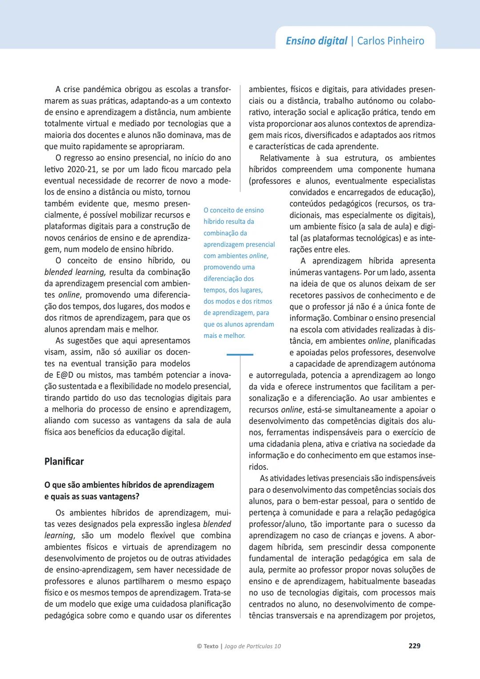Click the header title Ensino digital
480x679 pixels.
pos(316,41)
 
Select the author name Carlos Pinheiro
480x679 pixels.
pos(391,41)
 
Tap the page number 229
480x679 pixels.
pos(414,646)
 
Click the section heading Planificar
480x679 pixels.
pos(64,461)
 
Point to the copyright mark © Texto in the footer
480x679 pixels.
pos(208,646)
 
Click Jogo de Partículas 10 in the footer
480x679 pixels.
pos(252,646)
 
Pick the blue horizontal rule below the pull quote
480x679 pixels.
pos(240,354)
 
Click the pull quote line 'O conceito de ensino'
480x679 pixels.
pos(233,210)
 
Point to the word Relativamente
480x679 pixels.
pos(284,158)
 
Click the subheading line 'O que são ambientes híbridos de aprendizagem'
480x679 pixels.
pos(129,485)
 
